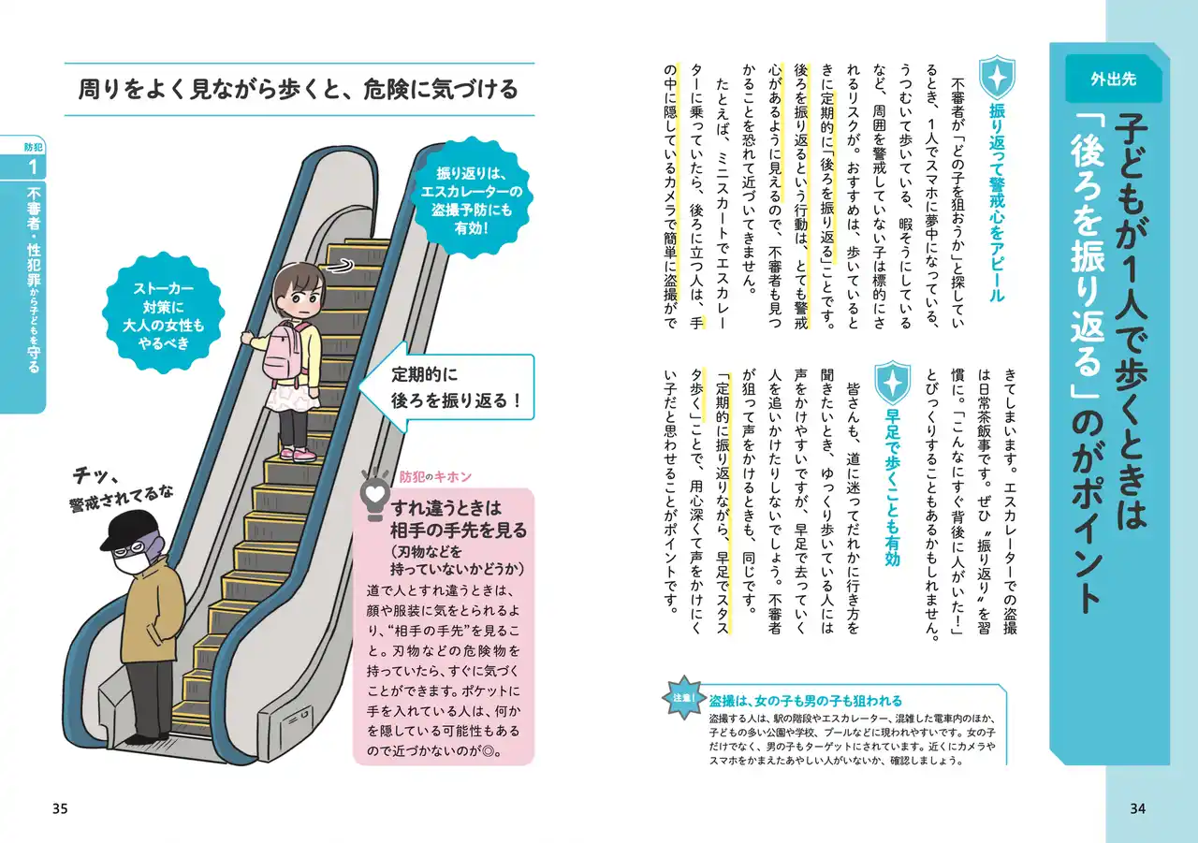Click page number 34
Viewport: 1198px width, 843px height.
pyautogui.click(x=1137, y=808)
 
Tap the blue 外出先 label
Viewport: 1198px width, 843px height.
pyautogui.click(x=1113, y=80)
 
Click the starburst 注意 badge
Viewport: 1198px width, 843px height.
pyautogui.click(x=682, y=698)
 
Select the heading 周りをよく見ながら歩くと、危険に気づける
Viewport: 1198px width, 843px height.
pyautogui.click(x=299, y=90)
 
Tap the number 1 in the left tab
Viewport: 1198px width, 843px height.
pyautogui.click(x=34, y=167)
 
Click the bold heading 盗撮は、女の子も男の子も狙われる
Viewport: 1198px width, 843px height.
pyautogui.click(x=805, y=700)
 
